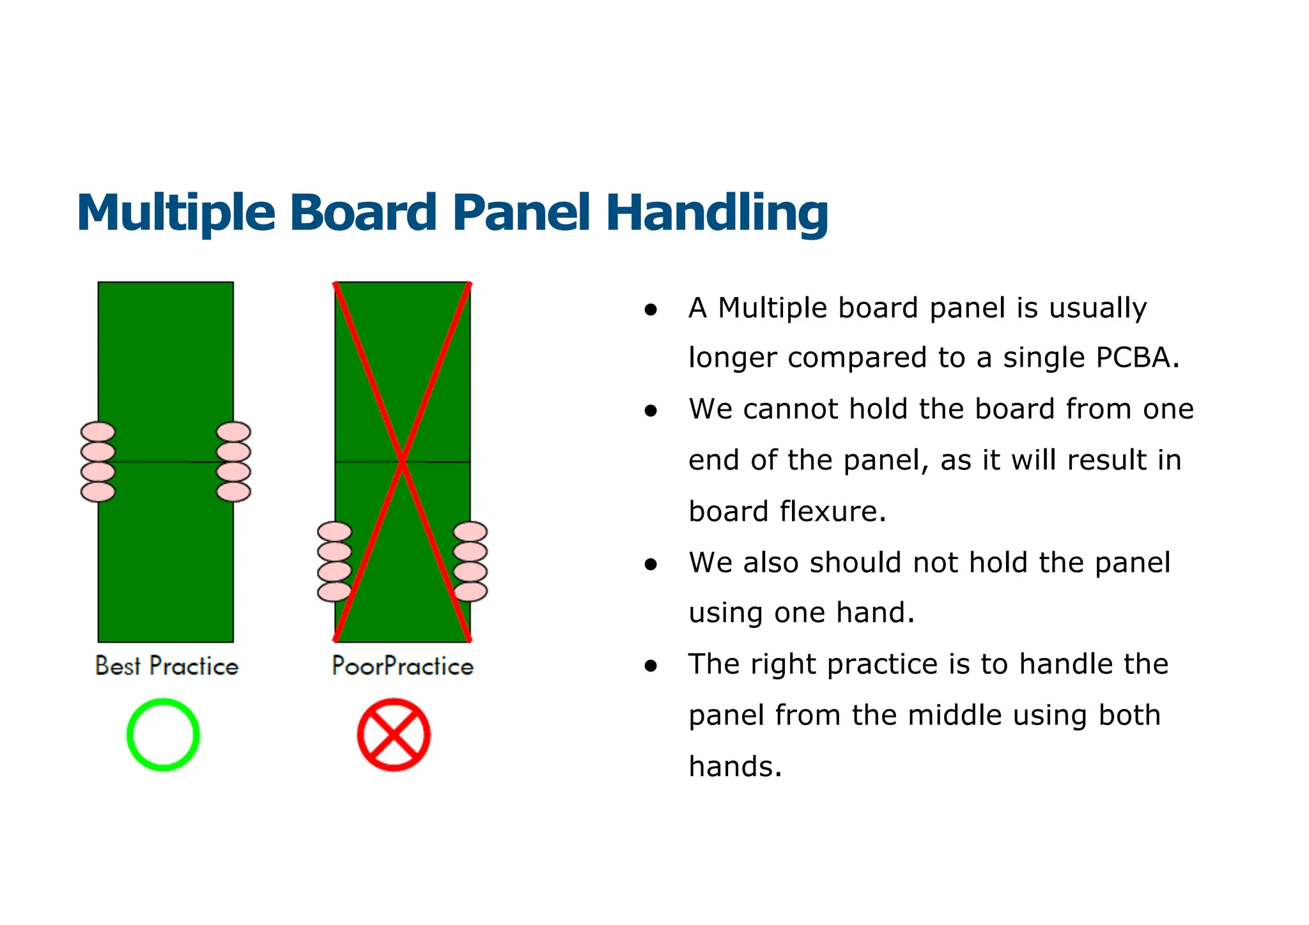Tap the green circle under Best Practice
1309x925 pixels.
163,735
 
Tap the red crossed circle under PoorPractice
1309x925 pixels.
394,735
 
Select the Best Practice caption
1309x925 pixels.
166,666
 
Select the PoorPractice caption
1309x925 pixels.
403,666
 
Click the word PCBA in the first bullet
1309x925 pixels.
1135,357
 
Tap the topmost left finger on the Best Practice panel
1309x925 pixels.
98,432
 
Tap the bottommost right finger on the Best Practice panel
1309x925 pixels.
233,492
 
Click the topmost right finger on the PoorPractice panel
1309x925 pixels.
470,531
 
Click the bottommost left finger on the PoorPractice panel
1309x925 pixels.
334,592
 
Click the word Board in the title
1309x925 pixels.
363,213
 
